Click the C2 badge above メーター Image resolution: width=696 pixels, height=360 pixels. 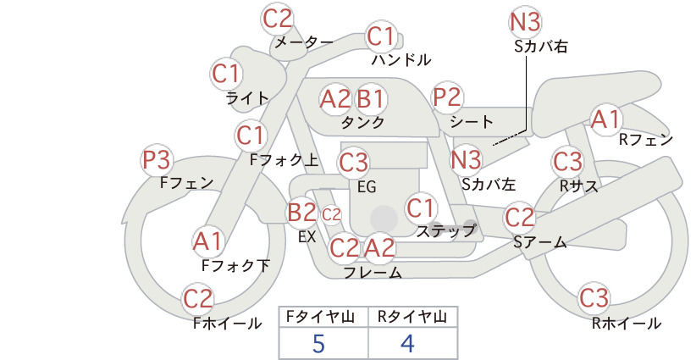278,19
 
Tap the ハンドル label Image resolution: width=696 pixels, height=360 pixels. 401,59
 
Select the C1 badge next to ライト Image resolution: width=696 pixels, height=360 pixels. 226,75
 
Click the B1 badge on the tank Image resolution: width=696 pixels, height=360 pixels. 370,98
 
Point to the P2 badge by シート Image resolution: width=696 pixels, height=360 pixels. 447,97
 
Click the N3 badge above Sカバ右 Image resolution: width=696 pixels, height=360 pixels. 525,22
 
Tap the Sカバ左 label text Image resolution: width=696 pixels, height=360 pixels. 489,184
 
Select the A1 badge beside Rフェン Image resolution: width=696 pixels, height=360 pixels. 606,119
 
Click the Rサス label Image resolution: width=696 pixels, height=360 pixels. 578,186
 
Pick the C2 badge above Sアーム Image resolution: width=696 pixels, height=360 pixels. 520,218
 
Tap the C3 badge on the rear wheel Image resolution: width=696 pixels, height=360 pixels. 594,298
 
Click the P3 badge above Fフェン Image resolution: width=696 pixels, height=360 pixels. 157,160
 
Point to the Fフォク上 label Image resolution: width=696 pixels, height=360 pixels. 284,160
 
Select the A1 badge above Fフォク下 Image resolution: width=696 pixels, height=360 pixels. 207,241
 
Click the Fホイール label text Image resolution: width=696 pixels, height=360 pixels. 227,324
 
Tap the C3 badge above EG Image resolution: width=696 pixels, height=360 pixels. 354,163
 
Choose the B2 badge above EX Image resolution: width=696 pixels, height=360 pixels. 302,212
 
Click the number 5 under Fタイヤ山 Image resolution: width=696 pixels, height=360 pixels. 318,344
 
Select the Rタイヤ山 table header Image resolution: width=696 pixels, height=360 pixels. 412,317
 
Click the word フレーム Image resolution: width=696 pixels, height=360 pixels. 373,273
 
